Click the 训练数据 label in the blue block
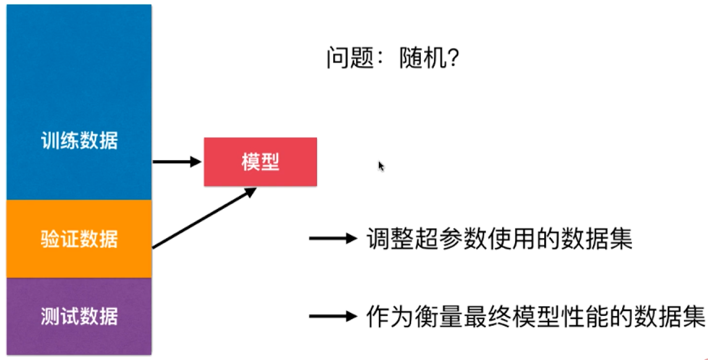click(79, 141)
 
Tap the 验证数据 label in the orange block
click(79, 239)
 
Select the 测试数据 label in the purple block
click(79, 316)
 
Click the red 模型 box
click(260, 162)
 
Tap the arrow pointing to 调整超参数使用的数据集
click(333, 238)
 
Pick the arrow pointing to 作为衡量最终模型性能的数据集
click(333, 316)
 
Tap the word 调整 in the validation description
click(390, 239)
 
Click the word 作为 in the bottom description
click(390, 317)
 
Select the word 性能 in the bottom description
click(585, 317)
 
